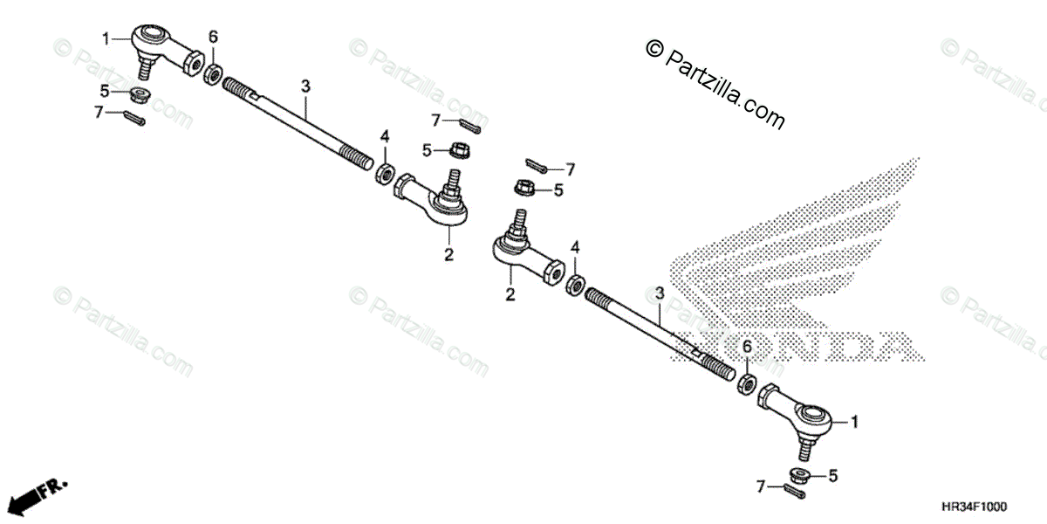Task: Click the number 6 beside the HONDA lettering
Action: click(746, 348)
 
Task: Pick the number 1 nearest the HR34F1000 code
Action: click(854, 422)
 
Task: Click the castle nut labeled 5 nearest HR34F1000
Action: click(797, 476)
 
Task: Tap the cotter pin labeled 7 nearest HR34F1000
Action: click(795, 491)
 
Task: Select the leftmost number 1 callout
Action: click(106, 38)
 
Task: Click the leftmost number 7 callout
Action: click(99, 111)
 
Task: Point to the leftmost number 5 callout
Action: click(103, 90)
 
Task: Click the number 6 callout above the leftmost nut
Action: click(212, 38)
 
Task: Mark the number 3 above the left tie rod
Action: click(305, 86)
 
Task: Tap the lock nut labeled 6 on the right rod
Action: click(747, 383)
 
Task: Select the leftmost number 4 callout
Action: click(384, 136)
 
